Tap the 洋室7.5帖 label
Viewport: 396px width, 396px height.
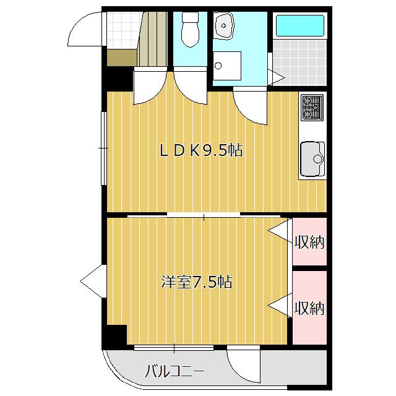[196, 282]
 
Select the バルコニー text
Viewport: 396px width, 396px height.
[174, 371]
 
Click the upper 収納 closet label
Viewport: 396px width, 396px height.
[309, 242]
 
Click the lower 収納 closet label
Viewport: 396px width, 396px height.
[309, 308]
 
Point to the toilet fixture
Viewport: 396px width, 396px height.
[190, 31]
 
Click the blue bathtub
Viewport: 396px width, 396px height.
[299, 25]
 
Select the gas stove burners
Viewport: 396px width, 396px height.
[312, 107]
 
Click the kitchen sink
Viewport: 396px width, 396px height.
[312, 160]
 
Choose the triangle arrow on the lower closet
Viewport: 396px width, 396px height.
[280, 306]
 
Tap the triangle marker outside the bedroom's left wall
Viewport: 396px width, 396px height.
[92, 282]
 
